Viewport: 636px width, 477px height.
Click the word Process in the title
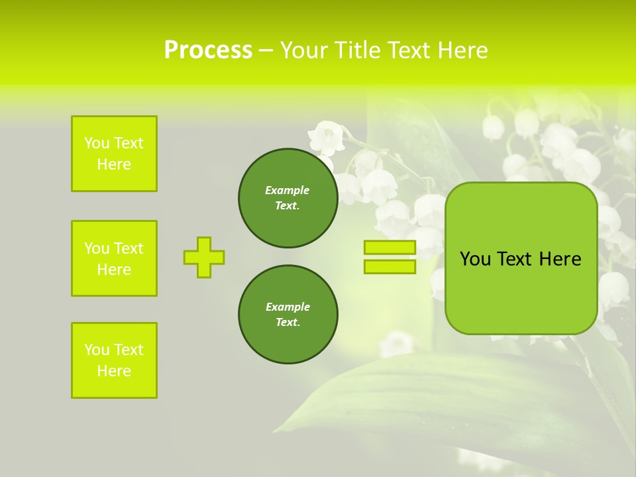(x=208, y=50)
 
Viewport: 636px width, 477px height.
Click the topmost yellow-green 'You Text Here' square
(x=114, y=154)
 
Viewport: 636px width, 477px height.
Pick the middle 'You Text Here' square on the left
(x=114, y=258)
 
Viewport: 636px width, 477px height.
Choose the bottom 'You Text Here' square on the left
(x=114, y=360)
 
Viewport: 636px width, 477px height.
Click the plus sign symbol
(x=204, y=257)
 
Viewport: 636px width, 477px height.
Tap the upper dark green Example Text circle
(x=288, y=198)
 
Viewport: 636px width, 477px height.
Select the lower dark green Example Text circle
(x=288, y=315)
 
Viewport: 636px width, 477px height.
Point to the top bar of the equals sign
(x=390, y=247)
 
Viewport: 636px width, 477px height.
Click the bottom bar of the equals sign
(x=390, y=267)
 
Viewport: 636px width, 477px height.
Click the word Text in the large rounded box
(x=516, y=259)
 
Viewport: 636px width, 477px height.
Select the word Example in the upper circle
(x=288, y=190)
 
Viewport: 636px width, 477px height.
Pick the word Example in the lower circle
(x=288, y=307)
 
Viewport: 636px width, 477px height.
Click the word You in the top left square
(x=97, y=143)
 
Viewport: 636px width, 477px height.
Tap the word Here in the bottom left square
(x=114, y=371)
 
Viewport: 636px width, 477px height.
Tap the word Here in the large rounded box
(x=560, y=259)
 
